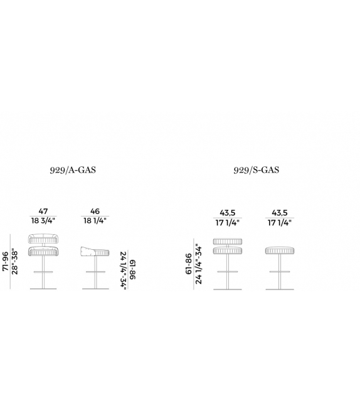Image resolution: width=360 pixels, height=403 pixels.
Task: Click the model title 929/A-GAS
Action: pyautogui.click(x=73, y=170)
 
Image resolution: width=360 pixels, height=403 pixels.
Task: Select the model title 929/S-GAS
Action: pyautogui.click(x=257, y=170)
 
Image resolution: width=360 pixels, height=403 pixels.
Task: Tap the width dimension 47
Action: pyautogui.click(x=43, y=212)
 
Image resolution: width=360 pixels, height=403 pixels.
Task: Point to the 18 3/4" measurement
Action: pyautogui.click(x=43, y=220)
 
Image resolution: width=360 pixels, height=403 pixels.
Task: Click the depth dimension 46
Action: pyautogui.click(x=95, y=212)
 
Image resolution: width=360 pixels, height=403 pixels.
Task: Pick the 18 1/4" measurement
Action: pyautogui.click(x=95, y=220)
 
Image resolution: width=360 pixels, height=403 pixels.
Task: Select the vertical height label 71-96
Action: pyautogui.click(x=6, y=261)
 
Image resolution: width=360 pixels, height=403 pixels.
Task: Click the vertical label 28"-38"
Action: pyautogui.click(x=14, y=261)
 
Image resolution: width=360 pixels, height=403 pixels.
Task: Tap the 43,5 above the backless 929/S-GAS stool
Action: pyautogui.click(x=280, y=213)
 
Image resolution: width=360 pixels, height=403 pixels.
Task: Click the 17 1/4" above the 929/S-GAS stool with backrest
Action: pyautogui.click(x=227, y=223)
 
